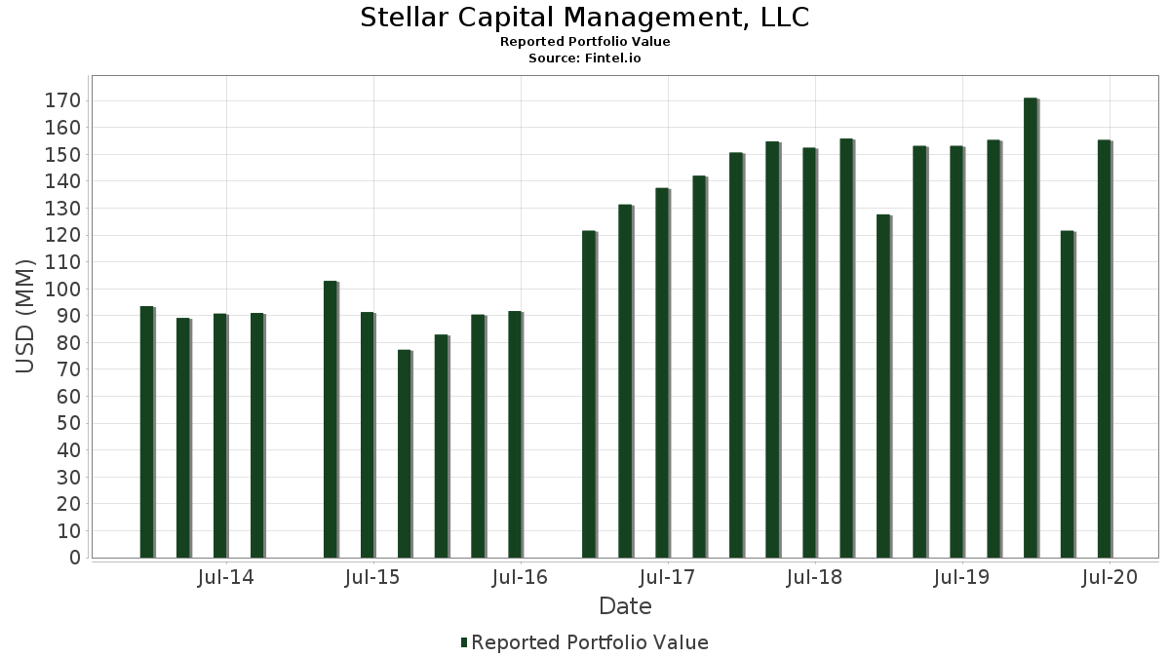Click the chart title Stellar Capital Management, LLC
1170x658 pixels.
tap(585, 18)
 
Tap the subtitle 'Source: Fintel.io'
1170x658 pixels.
tap(585, 58)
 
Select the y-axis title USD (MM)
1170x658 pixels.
tap(25, 316)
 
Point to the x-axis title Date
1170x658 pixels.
tap(625, 606)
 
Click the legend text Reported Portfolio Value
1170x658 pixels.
tap(589, 642)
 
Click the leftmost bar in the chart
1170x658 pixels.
tap(146, 432)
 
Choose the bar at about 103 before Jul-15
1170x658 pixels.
tap(331, 419)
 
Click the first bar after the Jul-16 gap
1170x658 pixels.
tap(588, 394)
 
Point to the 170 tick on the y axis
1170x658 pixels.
tap(67, 101)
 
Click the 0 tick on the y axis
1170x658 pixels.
tap(74, 558)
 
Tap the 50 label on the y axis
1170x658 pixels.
tap(67, 424)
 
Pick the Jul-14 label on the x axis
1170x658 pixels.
tap(225, 577)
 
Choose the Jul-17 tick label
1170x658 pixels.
tap(667, 577)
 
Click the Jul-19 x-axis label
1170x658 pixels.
tap(961, 577)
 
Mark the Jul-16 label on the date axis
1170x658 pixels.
tap(520, 577)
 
